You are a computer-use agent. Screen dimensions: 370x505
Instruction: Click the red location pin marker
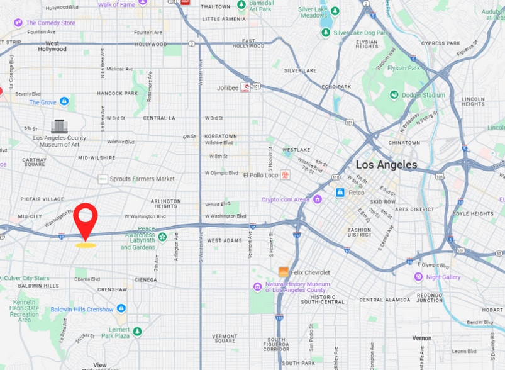click(x=85, y=218)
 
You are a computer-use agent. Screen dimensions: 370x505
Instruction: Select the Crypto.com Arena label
click(x=286, y=199)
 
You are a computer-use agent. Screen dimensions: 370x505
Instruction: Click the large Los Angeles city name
click(x=386, y=165)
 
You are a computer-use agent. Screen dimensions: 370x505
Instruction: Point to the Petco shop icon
click(x=340, y=192)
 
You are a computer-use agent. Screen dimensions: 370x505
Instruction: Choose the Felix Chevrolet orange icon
click(x=284, y=272)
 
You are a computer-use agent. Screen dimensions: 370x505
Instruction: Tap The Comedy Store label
click(x=50, y=23)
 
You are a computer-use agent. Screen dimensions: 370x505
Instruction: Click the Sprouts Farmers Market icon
click(x=103, y=179)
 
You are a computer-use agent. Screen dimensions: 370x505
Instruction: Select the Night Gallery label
click(x=443, y=277)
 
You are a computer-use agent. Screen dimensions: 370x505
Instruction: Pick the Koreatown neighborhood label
click(x=221, y=136)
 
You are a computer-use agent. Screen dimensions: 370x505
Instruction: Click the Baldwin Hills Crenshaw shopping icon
click(x=121, y=308)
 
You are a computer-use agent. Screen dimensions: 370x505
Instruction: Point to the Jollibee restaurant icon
click(x=245, y=87)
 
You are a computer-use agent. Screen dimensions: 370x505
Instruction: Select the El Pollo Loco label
click(x=260, y=174)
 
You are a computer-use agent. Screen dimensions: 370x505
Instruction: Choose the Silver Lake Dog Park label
click(x=359, y=33)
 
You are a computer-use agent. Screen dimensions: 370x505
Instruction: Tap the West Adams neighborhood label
click(x=224, y=240)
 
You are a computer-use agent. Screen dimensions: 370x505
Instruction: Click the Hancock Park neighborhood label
click(x=117, y=93)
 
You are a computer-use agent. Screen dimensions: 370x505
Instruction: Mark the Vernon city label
click(x=421, y=338)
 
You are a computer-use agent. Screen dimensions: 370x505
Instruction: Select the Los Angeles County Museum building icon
click(x=59, y=126)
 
